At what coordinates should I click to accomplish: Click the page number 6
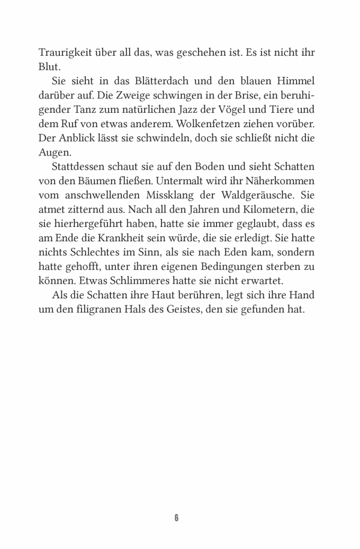click(176, 517)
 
